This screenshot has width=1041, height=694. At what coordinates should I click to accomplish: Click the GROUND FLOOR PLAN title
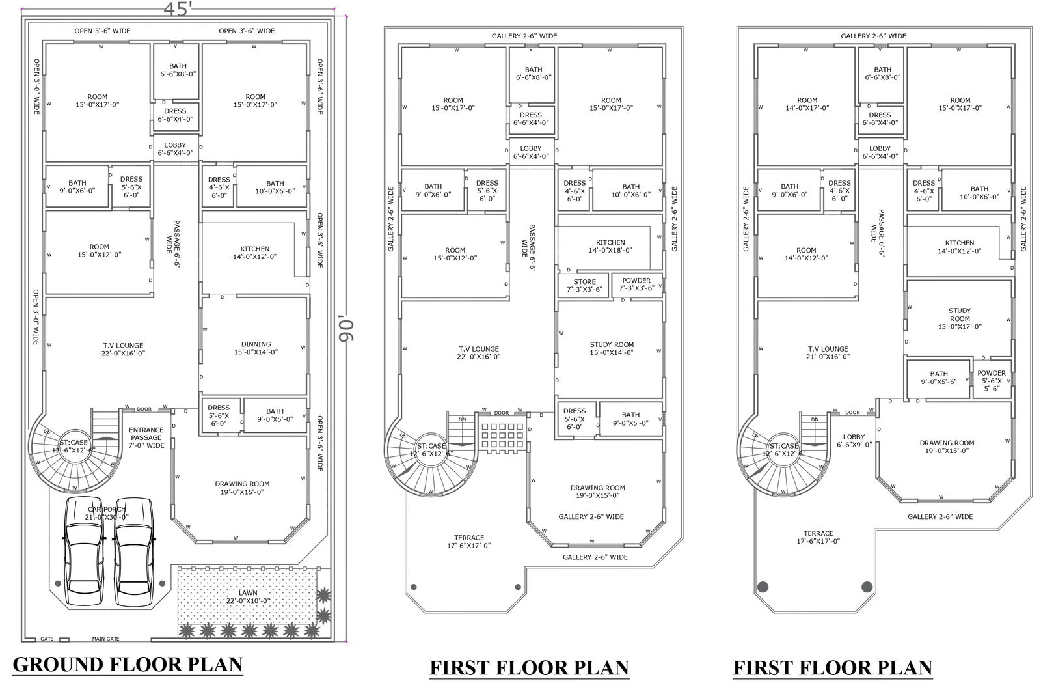pyautogui.click(x=128, y=665)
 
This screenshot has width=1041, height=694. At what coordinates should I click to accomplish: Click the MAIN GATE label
pyautogui.click(x=105, y=639)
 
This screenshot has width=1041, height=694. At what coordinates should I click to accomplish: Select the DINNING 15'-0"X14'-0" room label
pyautogui.click(x=256, y=348)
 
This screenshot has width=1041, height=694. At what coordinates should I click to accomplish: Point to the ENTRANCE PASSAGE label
pyautogui.click(x=146, y=437)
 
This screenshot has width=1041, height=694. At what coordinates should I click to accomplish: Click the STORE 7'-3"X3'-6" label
pyautogui.click(x=584, y=285)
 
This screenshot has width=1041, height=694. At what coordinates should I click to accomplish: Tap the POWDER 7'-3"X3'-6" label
pyautogui.click(x=636, y=284)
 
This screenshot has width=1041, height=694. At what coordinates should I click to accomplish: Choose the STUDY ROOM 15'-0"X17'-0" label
pyautogui.click(x=960, y=318)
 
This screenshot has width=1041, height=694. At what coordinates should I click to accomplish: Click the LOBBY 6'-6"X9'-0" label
pyautogui.click(x=854, y=441)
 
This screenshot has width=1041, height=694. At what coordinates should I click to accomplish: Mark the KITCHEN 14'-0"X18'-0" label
pyautogui.click(x=610, y=246)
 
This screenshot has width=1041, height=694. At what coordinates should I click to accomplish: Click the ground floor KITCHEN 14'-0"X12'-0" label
pyautogui.click(x=255, y=253)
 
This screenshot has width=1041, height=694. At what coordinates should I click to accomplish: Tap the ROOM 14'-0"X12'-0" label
pyautogui.click(x=806, y=254)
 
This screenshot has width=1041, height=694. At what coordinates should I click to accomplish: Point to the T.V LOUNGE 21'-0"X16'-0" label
pyautogui.click(x=827, y=352)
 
